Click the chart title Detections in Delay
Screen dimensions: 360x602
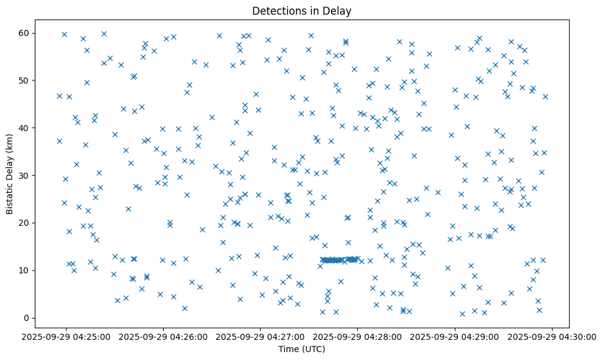coord(302,11)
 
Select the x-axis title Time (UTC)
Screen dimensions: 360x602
coord(302,349)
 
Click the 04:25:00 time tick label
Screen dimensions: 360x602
coord(66,336)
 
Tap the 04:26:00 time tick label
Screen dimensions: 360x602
coord(164,336)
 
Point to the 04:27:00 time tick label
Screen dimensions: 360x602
coord(261,336)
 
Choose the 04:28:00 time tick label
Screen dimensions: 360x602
coord(358,336)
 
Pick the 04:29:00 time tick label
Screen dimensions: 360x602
coord(455,336)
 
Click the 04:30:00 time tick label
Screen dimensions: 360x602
coord(552,336)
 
